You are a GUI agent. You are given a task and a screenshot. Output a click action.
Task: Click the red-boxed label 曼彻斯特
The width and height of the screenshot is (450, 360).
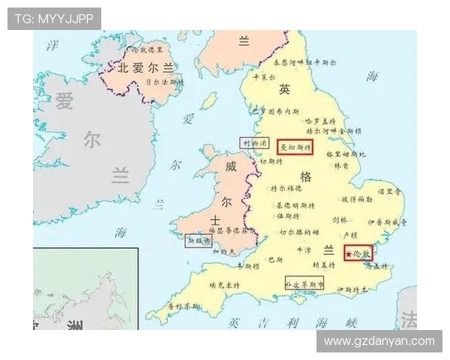point(295,147)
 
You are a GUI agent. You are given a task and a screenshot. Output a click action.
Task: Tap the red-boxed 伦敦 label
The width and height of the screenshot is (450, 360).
point(358,253)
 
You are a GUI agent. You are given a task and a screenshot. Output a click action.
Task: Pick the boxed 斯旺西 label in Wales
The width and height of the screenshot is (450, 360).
point(199,241)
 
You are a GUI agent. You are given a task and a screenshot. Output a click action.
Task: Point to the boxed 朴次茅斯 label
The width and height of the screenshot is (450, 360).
point(304,283)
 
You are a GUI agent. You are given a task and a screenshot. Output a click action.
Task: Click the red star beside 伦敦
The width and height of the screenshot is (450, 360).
point(349,254)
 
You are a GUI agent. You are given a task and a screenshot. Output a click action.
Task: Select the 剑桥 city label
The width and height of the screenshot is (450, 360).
point(340,220)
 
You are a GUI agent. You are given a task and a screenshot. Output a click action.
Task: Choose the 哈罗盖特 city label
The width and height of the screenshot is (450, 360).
point(320,120)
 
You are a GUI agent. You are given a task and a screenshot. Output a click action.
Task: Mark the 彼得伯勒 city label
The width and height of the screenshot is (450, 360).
point(357,199)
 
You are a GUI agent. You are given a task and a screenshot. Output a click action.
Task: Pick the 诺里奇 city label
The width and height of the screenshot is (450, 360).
point(390,192)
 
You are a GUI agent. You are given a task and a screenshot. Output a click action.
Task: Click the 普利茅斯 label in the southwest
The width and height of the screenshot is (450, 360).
point(183,306)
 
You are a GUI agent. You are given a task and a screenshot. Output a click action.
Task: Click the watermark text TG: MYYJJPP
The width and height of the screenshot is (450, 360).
point(54,19)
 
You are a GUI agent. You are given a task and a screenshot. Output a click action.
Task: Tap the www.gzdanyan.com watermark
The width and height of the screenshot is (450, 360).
point(379,341)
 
